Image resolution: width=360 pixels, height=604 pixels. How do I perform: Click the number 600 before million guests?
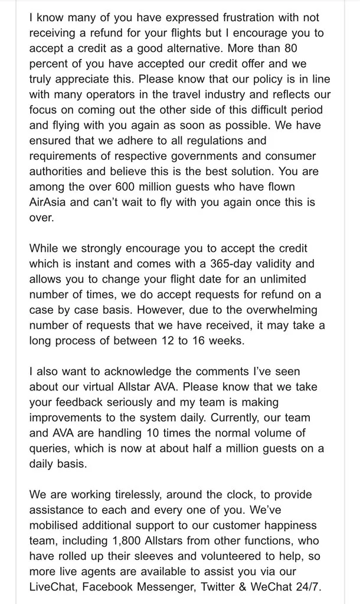coord(129,186)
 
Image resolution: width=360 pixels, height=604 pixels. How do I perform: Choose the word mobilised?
coord(54,524)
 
